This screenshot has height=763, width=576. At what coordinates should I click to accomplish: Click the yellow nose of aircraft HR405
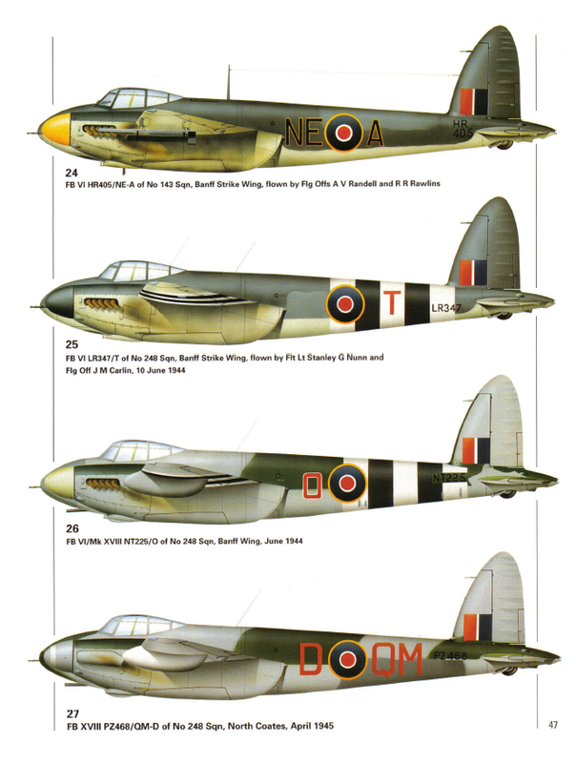[x=53, y=124]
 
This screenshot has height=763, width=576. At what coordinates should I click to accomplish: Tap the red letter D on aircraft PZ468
[x=312, y=657]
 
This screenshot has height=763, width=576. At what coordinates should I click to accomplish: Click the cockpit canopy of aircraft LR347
[x=126, y=272]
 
